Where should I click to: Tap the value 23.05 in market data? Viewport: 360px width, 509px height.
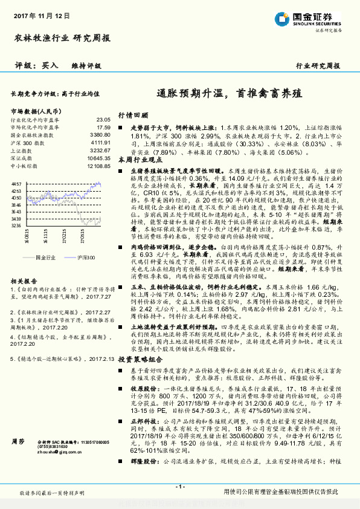pos(103,120)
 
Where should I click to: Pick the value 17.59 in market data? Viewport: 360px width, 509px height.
pos(103,128)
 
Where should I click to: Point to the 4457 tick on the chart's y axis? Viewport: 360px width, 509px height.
pos(16,183)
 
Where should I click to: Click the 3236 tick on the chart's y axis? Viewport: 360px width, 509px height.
pos(16,225)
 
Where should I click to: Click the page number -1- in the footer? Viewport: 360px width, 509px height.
pos(179,487)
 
